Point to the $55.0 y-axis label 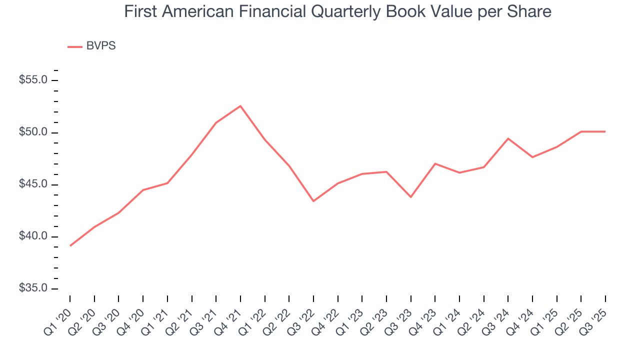point(33,80)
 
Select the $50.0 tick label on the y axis point(33,132)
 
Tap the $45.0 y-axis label point(33,184)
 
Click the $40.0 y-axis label point(33,236)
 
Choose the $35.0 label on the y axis point(33,288)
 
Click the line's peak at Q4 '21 point(240,106)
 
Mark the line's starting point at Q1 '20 point(70,245)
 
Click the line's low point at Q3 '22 point(313,201)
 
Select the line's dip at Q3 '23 point(410,197)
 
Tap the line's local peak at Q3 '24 point(508,138)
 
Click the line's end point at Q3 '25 point(605,131)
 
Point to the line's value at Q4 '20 point(143,190)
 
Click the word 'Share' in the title point(531,11)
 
